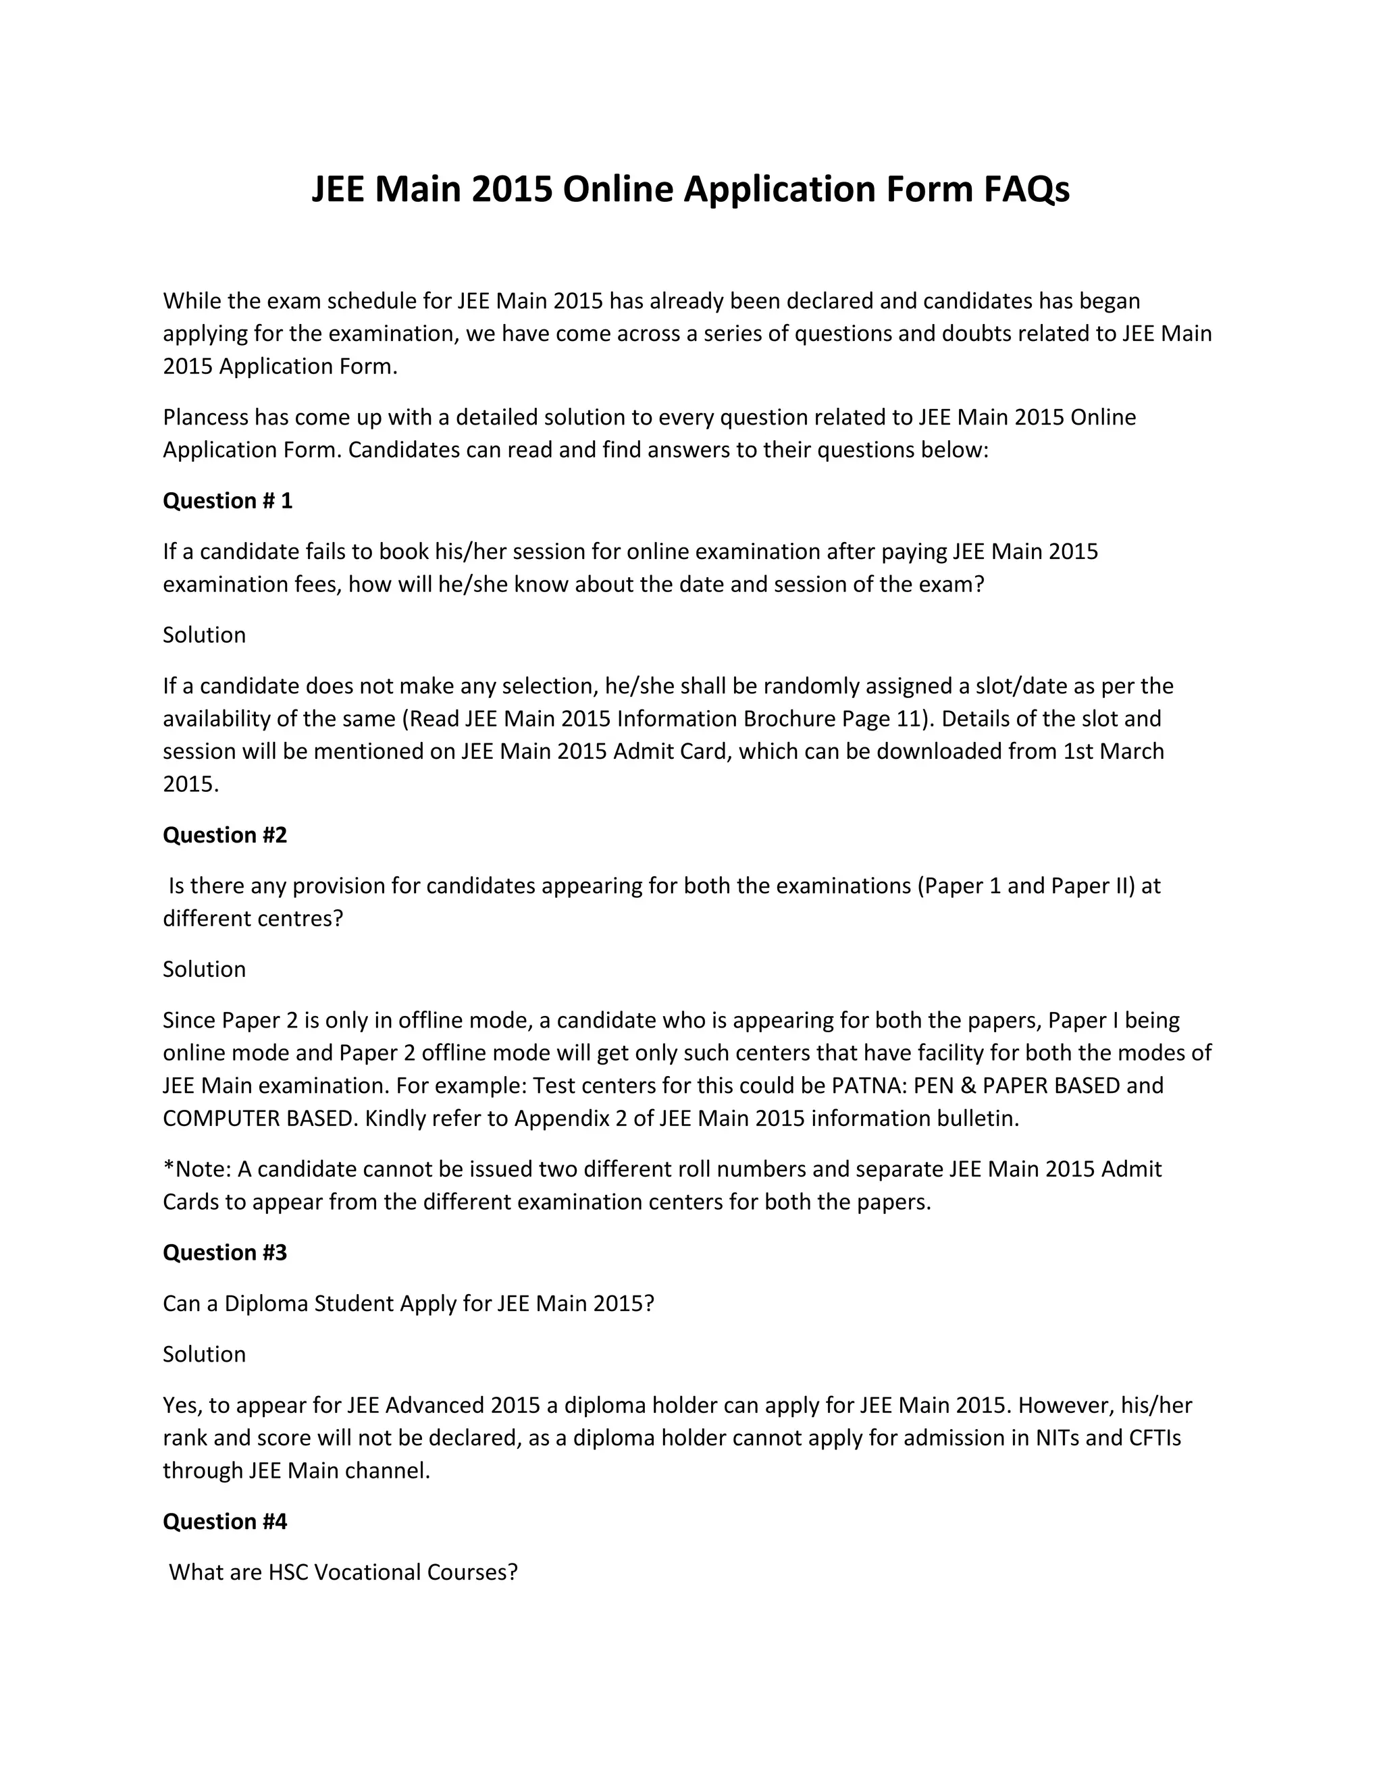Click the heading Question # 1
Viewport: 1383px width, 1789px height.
point(227,500)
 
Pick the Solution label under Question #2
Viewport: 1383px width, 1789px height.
point(204,969)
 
